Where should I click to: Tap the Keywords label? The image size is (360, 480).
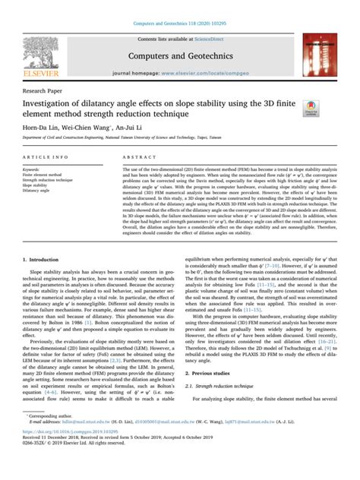point(42,169)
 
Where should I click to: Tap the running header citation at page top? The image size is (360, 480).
point(179,7)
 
